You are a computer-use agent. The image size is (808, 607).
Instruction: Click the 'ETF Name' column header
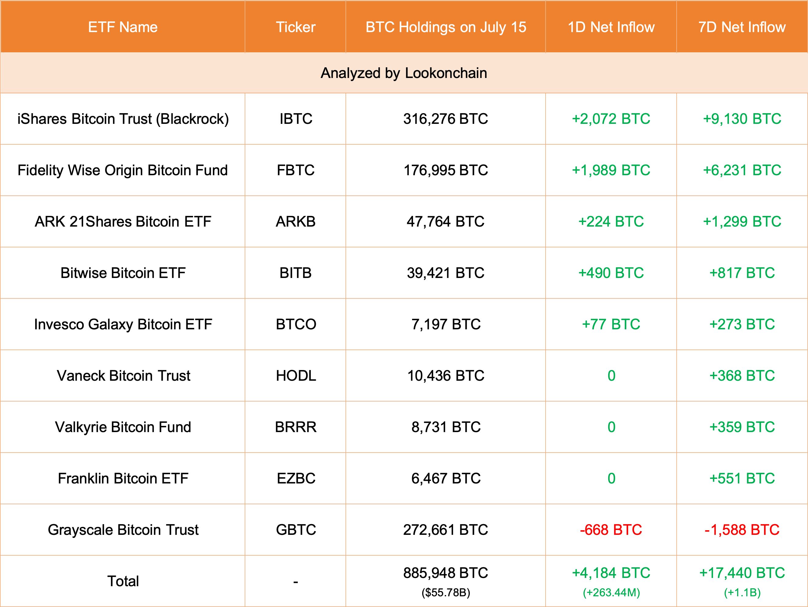[x=123, y=27]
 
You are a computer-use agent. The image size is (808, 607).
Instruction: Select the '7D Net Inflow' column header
[x=742, y=27]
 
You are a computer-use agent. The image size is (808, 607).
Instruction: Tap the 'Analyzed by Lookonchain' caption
[x=404, y=73]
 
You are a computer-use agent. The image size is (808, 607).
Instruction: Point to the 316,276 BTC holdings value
[x=445, y=119]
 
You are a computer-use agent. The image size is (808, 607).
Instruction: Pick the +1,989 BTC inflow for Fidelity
[x=611, y=170]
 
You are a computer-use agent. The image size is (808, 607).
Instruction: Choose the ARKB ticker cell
[x=295, y=222]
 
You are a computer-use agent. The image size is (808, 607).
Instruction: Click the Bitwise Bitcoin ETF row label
[x=123, y=273]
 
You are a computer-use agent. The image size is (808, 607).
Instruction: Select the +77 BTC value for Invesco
[x=611, y=324]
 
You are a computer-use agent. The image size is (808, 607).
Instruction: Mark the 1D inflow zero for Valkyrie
[x=611, y=427]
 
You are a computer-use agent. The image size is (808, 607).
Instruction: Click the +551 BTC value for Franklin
[x=742, y=478]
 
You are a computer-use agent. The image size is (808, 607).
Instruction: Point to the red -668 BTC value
[x=611, y=530]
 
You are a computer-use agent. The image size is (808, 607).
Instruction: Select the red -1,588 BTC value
[x=742, y=530]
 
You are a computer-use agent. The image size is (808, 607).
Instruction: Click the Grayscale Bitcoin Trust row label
[x=123, y=530]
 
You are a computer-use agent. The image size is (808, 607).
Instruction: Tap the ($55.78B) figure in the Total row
[x=446, y=592]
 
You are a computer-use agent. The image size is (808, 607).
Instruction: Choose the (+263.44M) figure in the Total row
[x=611, y=592]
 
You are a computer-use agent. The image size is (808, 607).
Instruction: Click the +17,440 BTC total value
[x=742, y=573]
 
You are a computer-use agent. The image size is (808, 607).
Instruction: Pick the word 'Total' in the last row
[x=123, y=581]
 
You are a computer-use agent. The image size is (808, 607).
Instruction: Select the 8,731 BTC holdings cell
[x=446, y=427]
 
